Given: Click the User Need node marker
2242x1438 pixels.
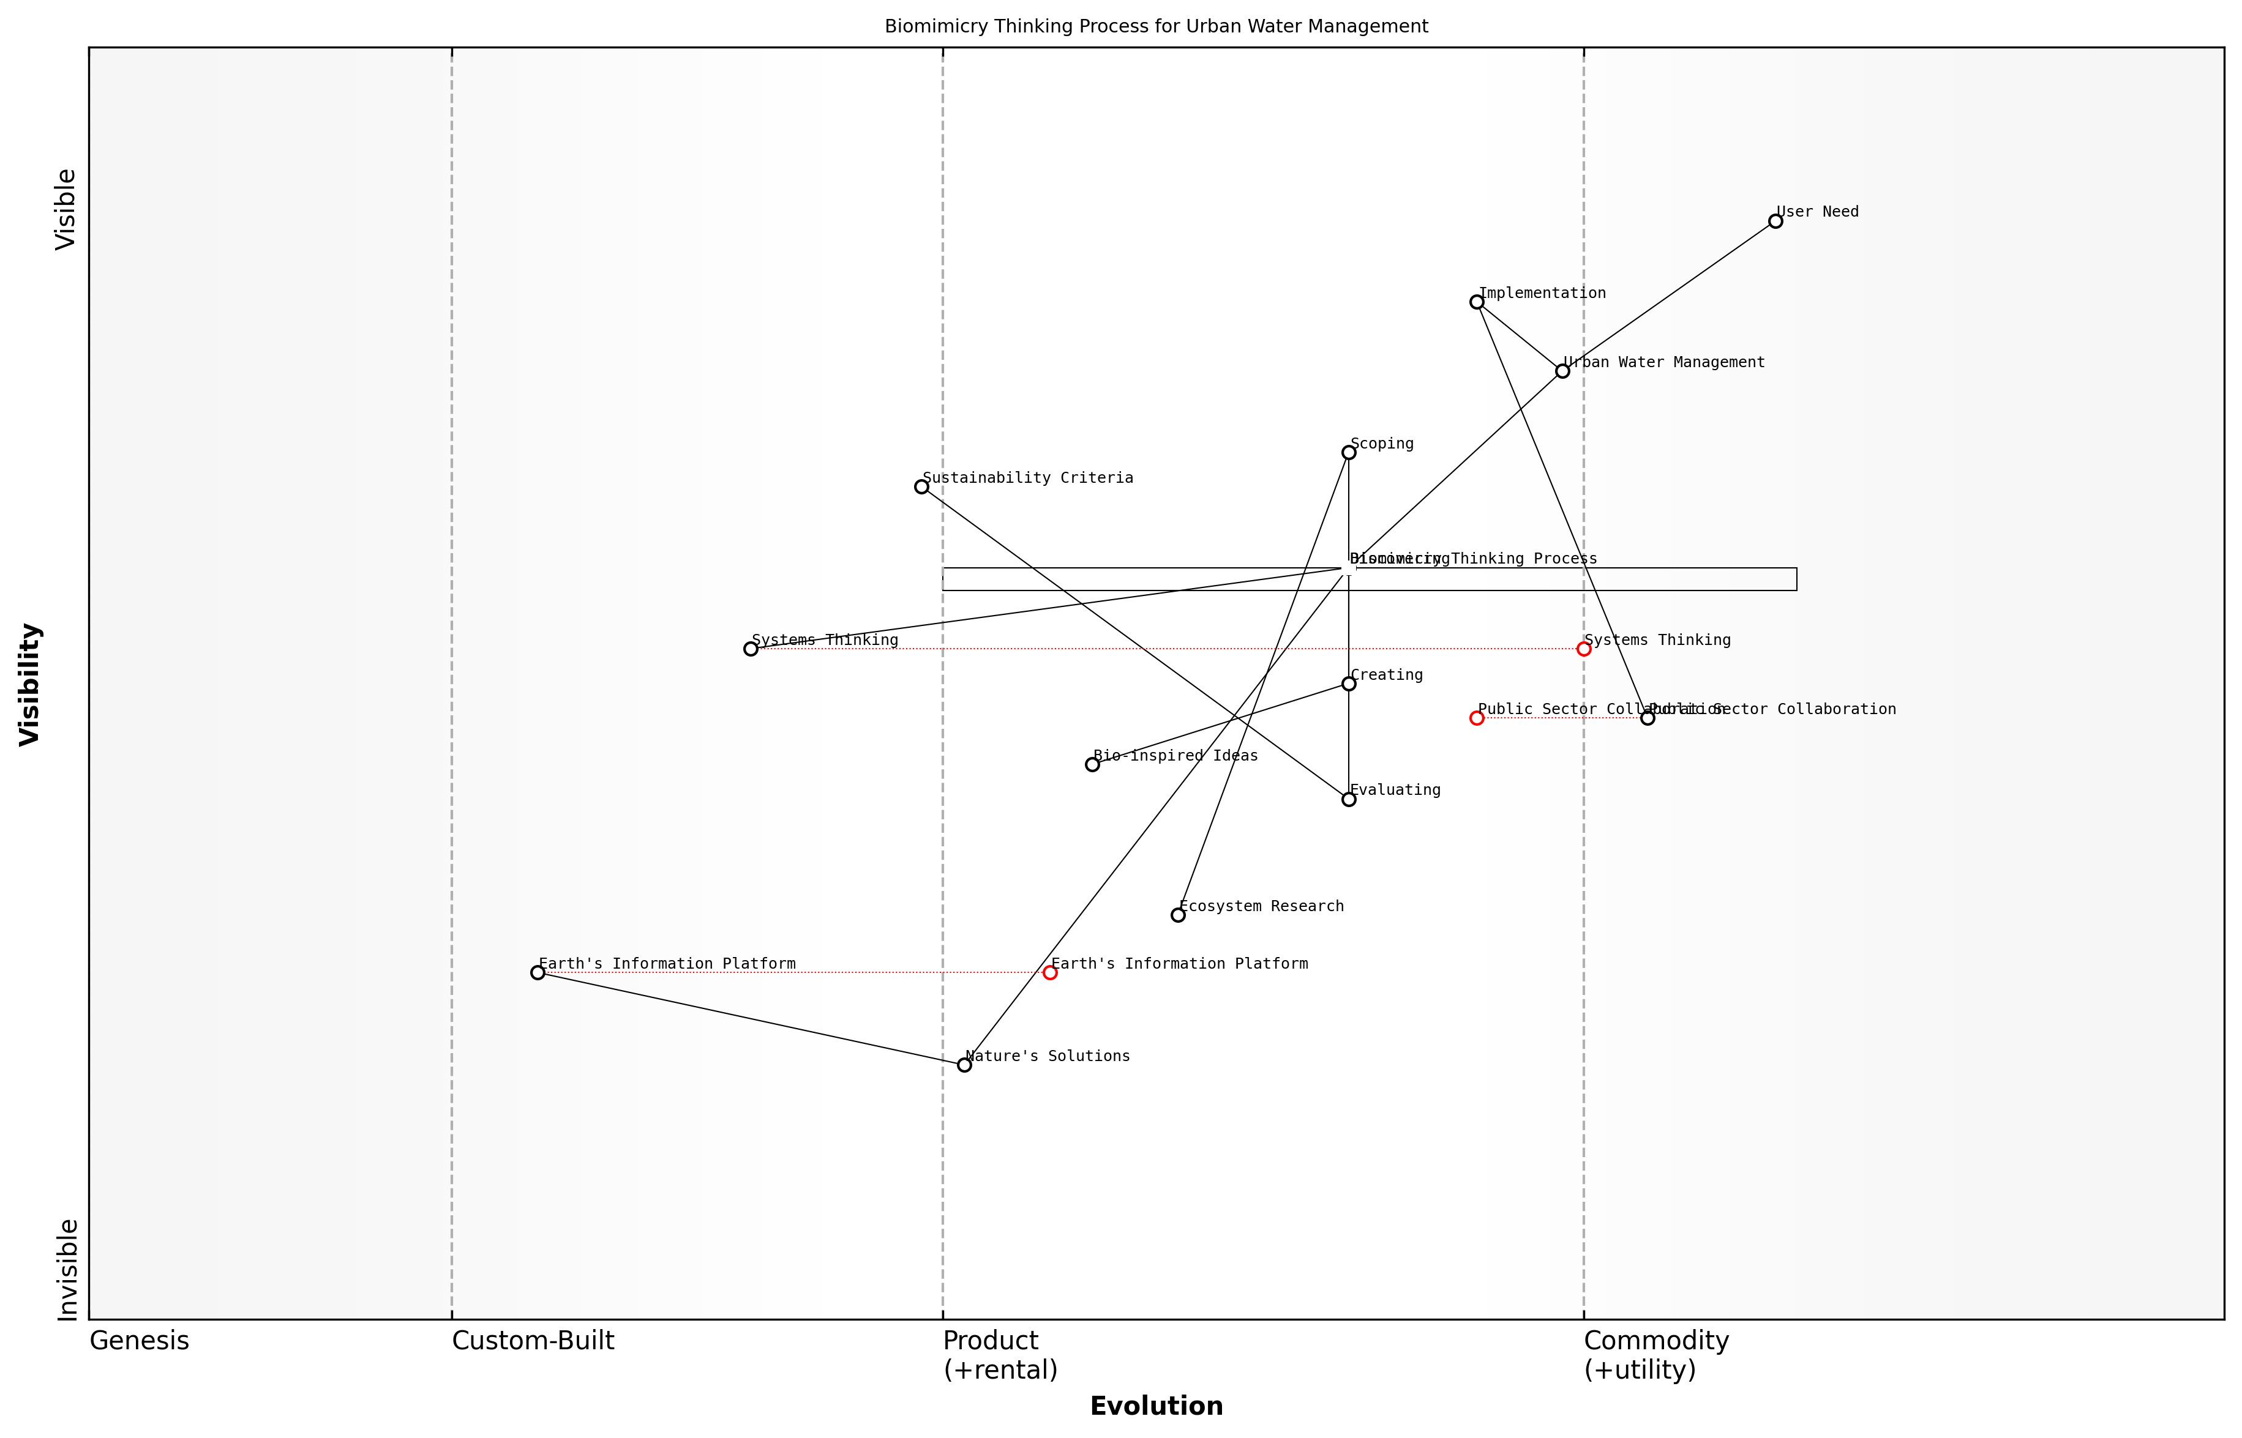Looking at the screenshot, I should coord(1775,222).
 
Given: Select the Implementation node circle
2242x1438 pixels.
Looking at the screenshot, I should coord(1477,302).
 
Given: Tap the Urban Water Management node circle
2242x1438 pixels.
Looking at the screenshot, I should coord(1562,371).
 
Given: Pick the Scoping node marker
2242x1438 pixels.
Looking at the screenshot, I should coord(1349,453).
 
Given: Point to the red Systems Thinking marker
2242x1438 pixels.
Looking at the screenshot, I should coord(1583,649).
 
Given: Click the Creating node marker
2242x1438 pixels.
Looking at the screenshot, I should coord(1349,684).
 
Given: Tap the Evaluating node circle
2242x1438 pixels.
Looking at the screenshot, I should coord(1349,799).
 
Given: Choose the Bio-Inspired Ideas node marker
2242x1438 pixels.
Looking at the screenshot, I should coord(1092,765).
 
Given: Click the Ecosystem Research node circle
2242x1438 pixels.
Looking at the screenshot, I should coord(1178,915).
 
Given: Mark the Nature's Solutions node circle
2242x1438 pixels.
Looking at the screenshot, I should coord(964,1065).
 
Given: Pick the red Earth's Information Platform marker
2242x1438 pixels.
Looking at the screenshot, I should coord(1050,973).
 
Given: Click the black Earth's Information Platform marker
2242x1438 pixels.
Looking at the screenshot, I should coord(537,973).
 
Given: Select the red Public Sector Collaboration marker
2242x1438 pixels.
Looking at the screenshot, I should coord(1477,718).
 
